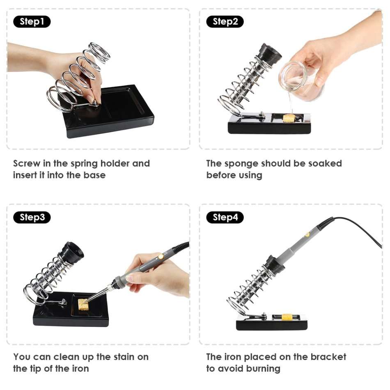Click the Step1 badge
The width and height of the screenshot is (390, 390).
pyautogui.click(x=32, y=22)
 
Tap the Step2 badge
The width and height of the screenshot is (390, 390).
pyautogui.click(x=225, y=22)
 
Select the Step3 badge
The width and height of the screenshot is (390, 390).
pyautogui.click(x=32, y=217)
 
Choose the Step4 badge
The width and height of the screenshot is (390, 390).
pyautogui.click(x=225, y=217)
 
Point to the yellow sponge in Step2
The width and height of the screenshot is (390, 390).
pyautogui.click(x=289, y=118)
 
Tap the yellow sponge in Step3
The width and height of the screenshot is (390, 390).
pyautogui.click(x=84, y=305)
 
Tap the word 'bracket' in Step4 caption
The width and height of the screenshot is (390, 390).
pyautogui.click(x=330, y=357)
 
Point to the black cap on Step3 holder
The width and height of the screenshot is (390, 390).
pyautogui.click(x=71, y=251)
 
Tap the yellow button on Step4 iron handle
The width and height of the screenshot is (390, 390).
pyautogui.click(x=307, y=234)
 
